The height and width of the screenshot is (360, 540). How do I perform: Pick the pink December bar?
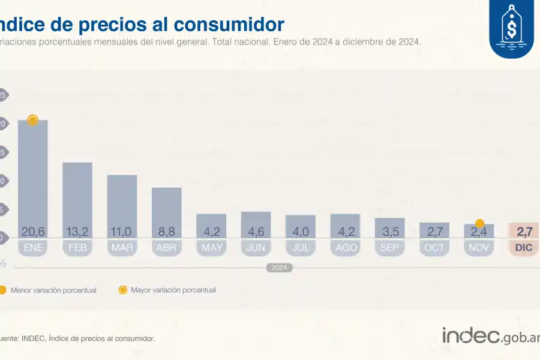[524, 230]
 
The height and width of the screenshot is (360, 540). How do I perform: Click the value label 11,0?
[122, 232]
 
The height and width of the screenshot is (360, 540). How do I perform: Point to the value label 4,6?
[256, 232]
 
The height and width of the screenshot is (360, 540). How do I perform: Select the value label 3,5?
[389, 232]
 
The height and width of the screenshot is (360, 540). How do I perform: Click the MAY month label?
[211, 247]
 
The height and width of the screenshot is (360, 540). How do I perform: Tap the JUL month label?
[300, 247]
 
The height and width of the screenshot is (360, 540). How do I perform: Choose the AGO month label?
[345, 247]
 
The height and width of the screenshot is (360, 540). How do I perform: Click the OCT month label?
[434, 247]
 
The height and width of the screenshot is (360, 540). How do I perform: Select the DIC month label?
[524, 247]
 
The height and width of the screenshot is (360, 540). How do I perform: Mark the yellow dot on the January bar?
[33, 120]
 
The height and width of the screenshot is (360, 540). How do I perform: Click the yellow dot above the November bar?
[479, 224]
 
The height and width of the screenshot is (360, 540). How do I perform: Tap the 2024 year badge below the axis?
[280, 268]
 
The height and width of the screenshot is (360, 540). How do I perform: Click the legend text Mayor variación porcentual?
[173, 290]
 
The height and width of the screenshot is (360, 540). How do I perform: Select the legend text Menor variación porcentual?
[53, 290]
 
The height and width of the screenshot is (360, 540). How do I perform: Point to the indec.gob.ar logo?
[490, 336]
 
